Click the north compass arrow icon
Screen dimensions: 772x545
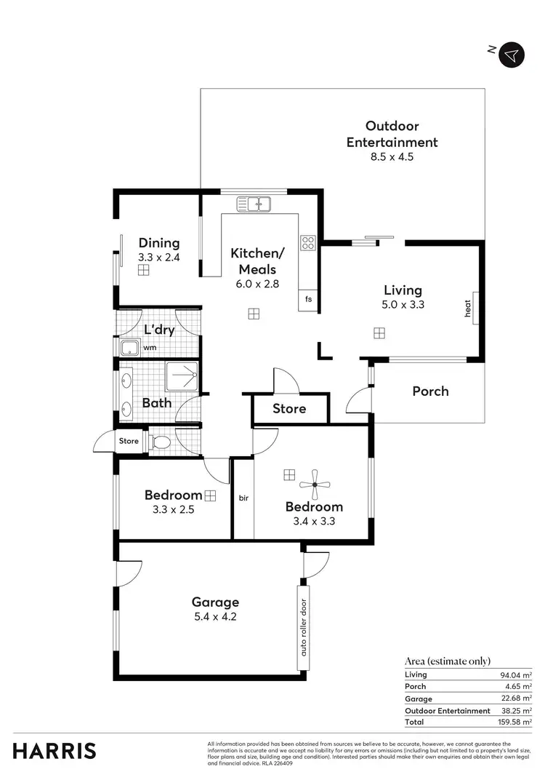(512, 55)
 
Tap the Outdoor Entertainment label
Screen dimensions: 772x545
(392, 135)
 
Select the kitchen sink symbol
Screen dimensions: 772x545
(259, 204)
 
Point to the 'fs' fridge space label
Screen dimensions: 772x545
(308, 299)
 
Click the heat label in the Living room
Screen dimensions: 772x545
(469, 309)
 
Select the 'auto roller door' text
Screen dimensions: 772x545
(304, 626)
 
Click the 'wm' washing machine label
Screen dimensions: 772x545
(150, 348)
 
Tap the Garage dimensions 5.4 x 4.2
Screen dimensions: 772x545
(215, 616)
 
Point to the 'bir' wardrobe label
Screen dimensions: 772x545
(243, 498)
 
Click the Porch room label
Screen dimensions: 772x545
(430, 391)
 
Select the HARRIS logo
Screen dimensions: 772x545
(54, 751)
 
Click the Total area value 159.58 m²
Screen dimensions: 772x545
(517, 723)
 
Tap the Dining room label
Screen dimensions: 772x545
(159, 243)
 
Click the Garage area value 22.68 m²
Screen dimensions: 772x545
(517, 699)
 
